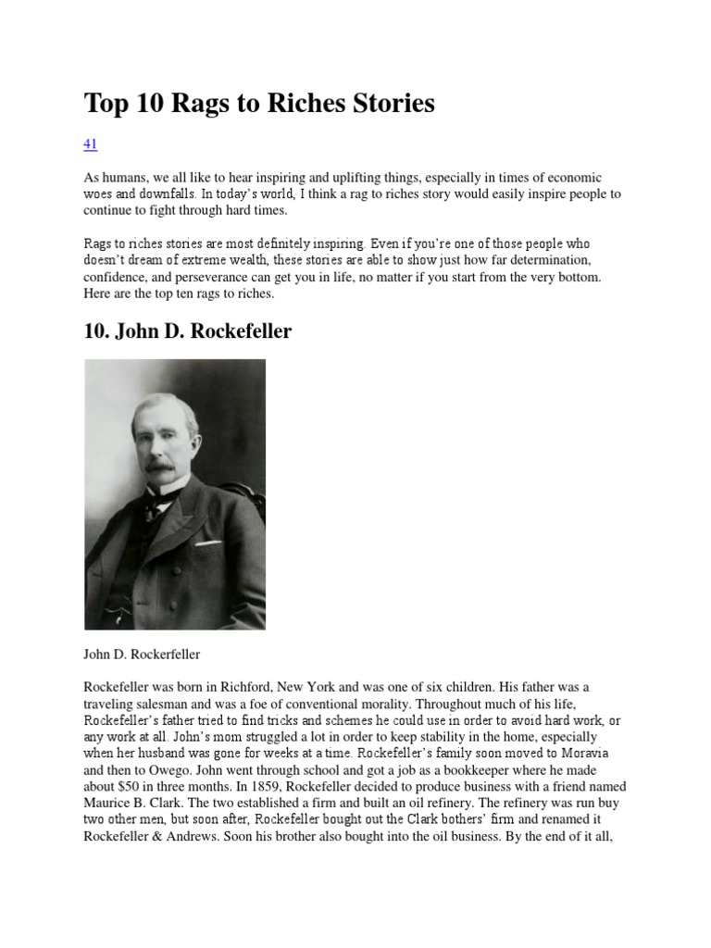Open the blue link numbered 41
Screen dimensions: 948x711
click(x=91, y=143)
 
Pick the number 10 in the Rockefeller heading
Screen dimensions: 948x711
click(x=96, y=331)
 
